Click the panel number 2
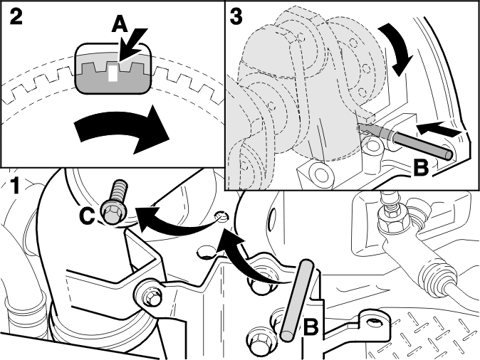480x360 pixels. pyautogui.click(x=16, y=16)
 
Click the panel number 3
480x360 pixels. pyautogui.click(x=236, y=16)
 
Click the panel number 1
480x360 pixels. pyautogui.click(x=13, y=186)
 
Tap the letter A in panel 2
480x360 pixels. pyautogui.click(x=120, y=24)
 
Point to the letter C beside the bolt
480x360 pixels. pyautogui.click(x=87, y=216)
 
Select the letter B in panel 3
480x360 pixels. pyautogui.click(x=421, y=168)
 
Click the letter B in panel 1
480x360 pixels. pyautogui.click(x=311, y=327)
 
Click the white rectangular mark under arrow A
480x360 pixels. pyautogui.click(x=113, y=73)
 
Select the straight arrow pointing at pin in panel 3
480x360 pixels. pyautogui.click(x=439, y=129)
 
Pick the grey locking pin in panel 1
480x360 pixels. pyautogui.click(x=297, y=300)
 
